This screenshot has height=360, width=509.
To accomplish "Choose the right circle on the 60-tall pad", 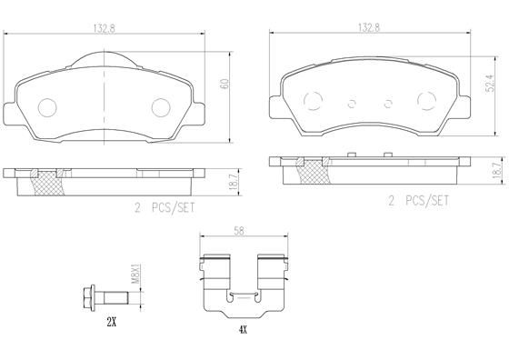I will (161, 107).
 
